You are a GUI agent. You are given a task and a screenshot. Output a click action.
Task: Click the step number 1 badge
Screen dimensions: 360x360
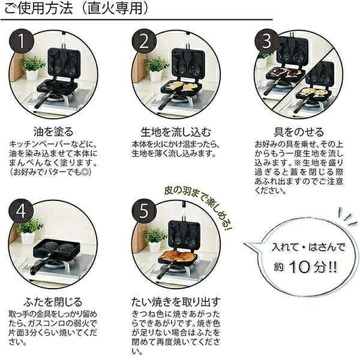pyautogui.click(x=22, y=41)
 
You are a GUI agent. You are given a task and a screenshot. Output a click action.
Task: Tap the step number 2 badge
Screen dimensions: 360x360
pyautogui.click(x=144, y=41)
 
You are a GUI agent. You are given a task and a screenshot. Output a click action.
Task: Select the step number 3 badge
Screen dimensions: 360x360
pyautogui.click(x=267, y=41)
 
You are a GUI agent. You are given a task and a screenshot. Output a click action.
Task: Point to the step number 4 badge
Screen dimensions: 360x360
pyautogui.click(x=22, y=211)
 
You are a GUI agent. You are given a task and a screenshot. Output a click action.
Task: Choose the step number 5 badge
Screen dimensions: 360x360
pyautogui.click(x=144, y=211)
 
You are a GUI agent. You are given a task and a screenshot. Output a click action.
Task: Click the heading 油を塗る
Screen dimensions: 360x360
pyautogui.click(x=53, y=132)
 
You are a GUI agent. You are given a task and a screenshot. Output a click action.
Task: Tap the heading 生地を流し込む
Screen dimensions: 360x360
pyautogui.click(x=176, y=132)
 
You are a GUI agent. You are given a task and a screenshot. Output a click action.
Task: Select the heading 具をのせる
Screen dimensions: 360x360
pyautogui.click(x=299, y=132)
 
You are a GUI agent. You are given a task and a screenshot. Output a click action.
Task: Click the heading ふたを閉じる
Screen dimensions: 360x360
pyautogui.click(x=53, y=302)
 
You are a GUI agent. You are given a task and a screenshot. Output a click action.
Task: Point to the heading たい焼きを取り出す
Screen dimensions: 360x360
pyautogui.click(x=176, y=302)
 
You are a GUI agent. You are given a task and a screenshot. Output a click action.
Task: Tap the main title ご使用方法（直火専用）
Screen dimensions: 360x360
pyautogui.click(x=76, y=9)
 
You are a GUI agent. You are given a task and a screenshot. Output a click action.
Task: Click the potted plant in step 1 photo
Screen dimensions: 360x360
pyautogui.click(x=32, y=67)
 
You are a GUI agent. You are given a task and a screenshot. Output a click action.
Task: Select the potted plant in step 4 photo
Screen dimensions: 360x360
pyautogui.click(x=29, y=232)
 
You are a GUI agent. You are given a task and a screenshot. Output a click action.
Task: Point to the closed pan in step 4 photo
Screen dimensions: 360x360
pyautogui.click(x=56, y=250)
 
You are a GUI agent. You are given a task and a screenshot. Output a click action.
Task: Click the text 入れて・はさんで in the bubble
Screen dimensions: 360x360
pyautogui.click(x=308, y=247)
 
